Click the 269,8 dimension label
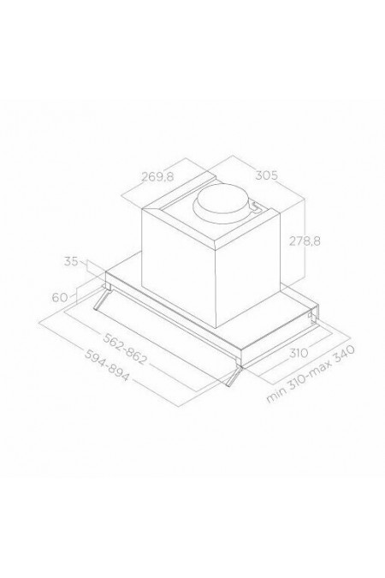[x=157, y=177]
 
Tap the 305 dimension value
[x=266, y=176]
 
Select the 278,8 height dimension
[x=305, y=241]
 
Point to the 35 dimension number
[x=71, y=261]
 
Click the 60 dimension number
[x=59, y=297]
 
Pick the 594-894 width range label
[x=107, y=365]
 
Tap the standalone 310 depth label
[x=298, y=353]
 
